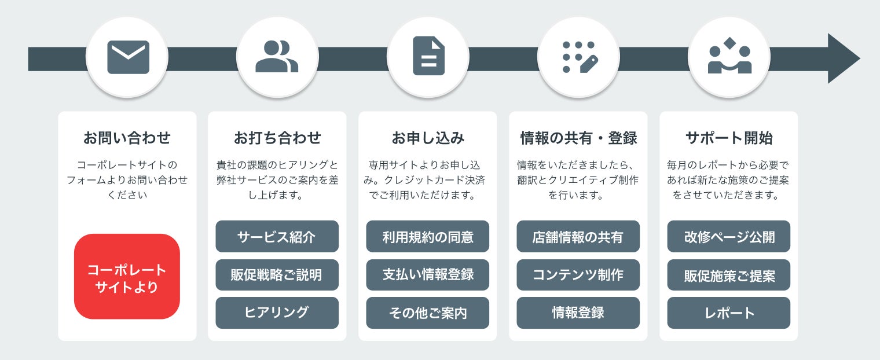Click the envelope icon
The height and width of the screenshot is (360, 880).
click(x=127, y=57)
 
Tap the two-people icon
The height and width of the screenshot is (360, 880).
click(x=277, y=57)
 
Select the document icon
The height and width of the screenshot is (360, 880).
click(x=428, y=56)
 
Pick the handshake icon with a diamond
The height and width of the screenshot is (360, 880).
click(x=729, y=56)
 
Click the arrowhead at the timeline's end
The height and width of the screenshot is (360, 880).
click(x=843, y=58)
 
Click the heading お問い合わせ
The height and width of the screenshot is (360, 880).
click(x=127, y=138)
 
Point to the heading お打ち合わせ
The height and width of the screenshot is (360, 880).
click(x=277, y=138)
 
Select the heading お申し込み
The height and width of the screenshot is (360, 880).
click(x=428, y=138)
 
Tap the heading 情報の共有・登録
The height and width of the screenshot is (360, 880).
click(x=578, y=138)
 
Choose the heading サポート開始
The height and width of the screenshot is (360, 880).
click(x=729, y=138)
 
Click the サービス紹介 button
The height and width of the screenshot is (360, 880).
click(x=277, y=237)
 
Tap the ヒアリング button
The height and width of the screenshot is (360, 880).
click(x=277, y=313)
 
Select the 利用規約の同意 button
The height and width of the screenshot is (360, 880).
click(x=428, y=237)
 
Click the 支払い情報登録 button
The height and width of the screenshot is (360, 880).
click(x=428, y=275)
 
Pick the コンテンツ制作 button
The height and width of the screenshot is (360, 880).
click(x=578, y=275)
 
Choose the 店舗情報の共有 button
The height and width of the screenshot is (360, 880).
click(x=578, y=237)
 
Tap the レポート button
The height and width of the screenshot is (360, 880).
click(x=729, y=313)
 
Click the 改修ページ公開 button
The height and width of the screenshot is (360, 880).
click(x=729, y=237)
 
